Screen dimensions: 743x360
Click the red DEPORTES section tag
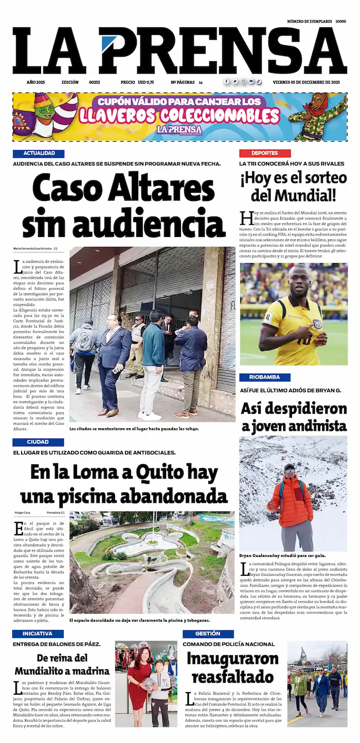pos(264,153)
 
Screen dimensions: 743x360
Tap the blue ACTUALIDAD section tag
pos(39,153)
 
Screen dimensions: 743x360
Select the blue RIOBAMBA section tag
pos(264,377)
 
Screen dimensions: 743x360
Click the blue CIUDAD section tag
pos(38,442)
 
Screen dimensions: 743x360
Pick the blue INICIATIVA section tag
pos(38,634)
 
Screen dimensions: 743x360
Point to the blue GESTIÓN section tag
pos(208,634)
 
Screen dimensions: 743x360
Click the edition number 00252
pos(94,82)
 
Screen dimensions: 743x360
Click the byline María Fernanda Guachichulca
pos(33,249)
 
